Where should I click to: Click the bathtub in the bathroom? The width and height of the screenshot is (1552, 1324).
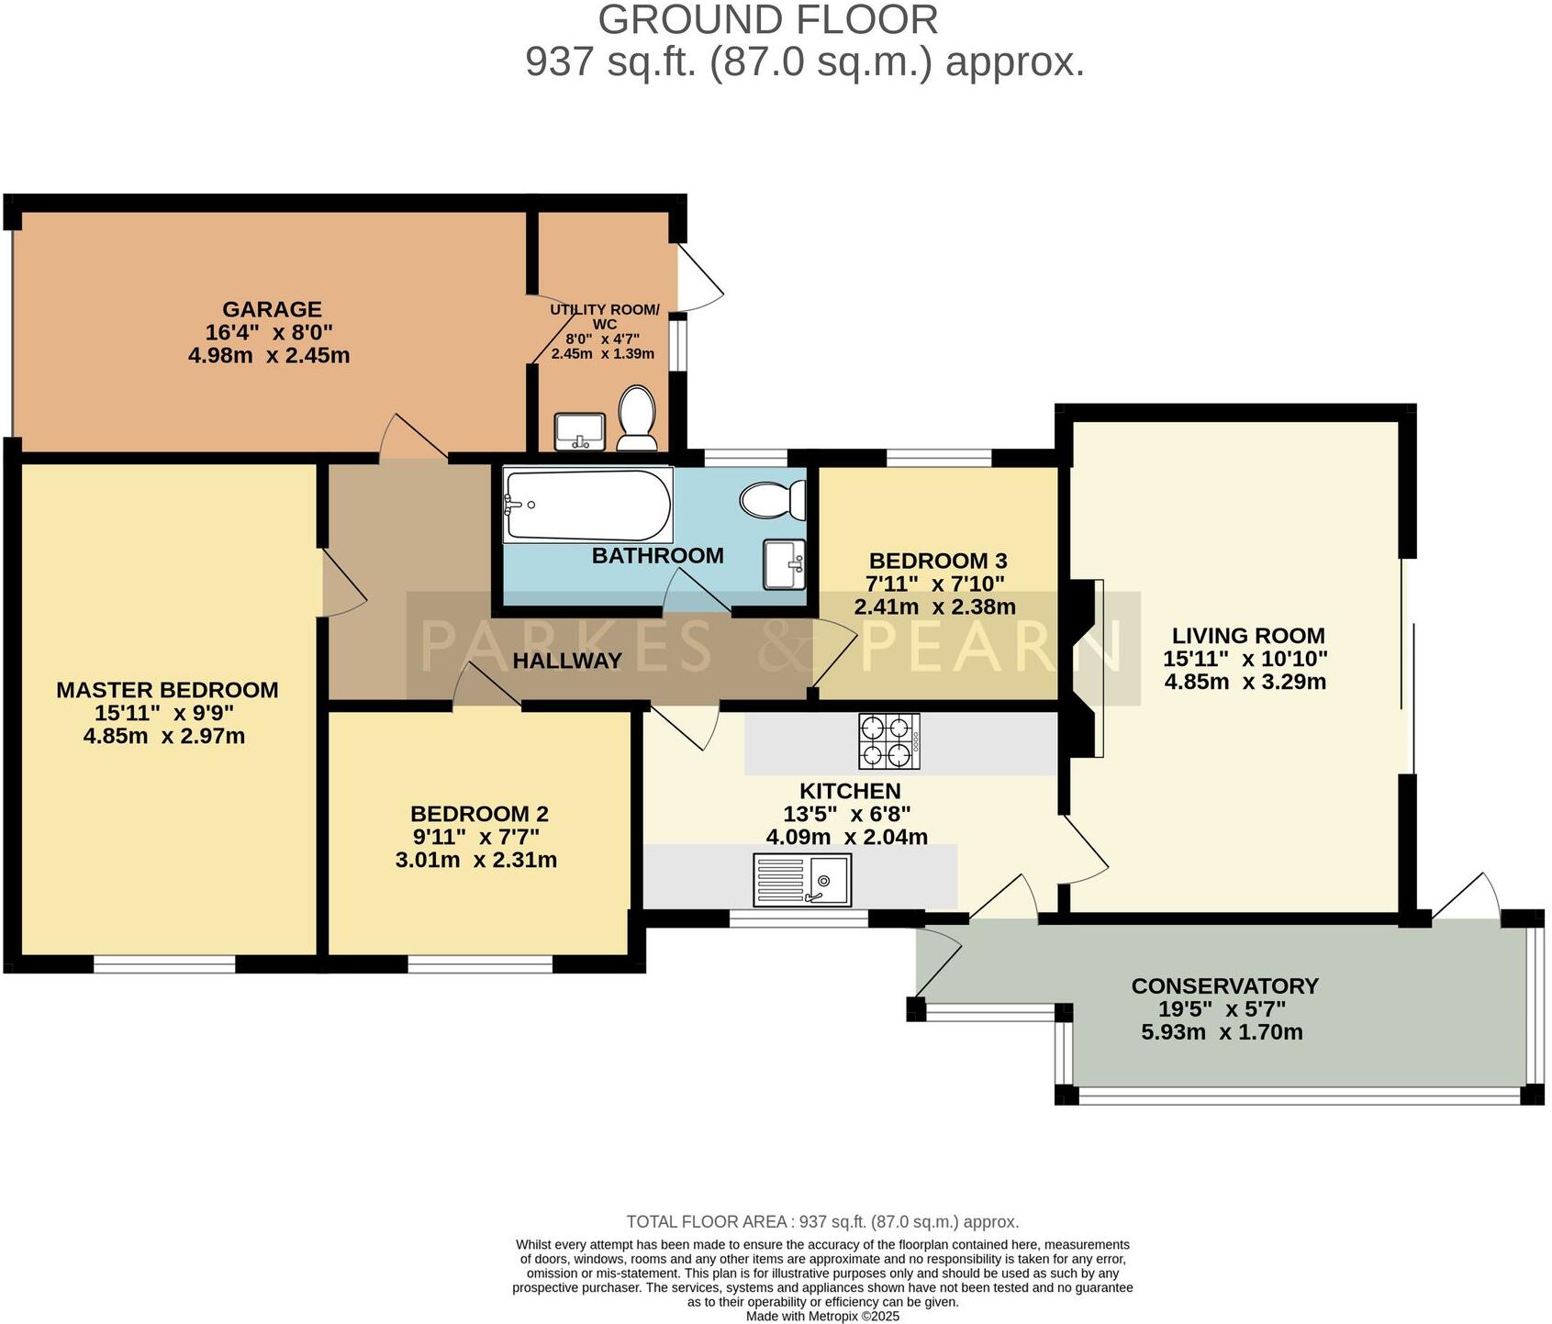click(587, 505)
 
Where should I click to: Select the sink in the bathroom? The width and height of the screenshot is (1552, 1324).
click(784, 564)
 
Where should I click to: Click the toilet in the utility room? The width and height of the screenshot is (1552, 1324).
click(636, 418)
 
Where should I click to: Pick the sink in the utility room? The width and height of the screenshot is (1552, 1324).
click(579, 431)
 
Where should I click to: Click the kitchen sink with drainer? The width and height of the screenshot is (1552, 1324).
click(801, 879)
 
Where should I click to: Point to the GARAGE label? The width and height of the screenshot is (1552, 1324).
click(272, 309)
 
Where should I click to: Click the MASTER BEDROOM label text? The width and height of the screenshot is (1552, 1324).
click(167, 690)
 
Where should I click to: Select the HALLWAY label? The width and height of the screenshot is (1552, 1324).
click(566, 661)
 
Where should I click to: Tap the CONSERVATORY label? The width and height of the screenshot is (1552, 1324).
click(1224, 986)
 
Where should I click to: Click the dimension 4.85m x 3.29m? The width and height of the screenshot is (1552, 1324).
click(1245, 682)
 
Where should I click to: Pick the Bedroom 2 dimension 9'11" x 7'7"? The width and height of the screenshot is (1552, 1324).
click(475, 837)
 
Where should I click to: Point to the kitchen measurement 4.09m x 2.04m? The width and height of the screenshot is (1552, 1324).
click(846, 837)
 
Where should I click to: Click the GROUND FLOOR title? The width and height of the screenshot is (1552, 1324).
click(768, 20)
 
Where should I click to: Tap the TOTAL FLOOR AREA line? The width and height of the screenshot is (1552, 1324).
click(822, 1222)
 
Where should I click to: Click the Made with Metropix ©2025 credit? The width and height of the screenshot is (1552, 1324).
click(822, 1316)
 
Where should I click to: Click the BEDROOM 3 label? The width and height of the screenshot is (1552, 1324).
click(937, 561)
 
